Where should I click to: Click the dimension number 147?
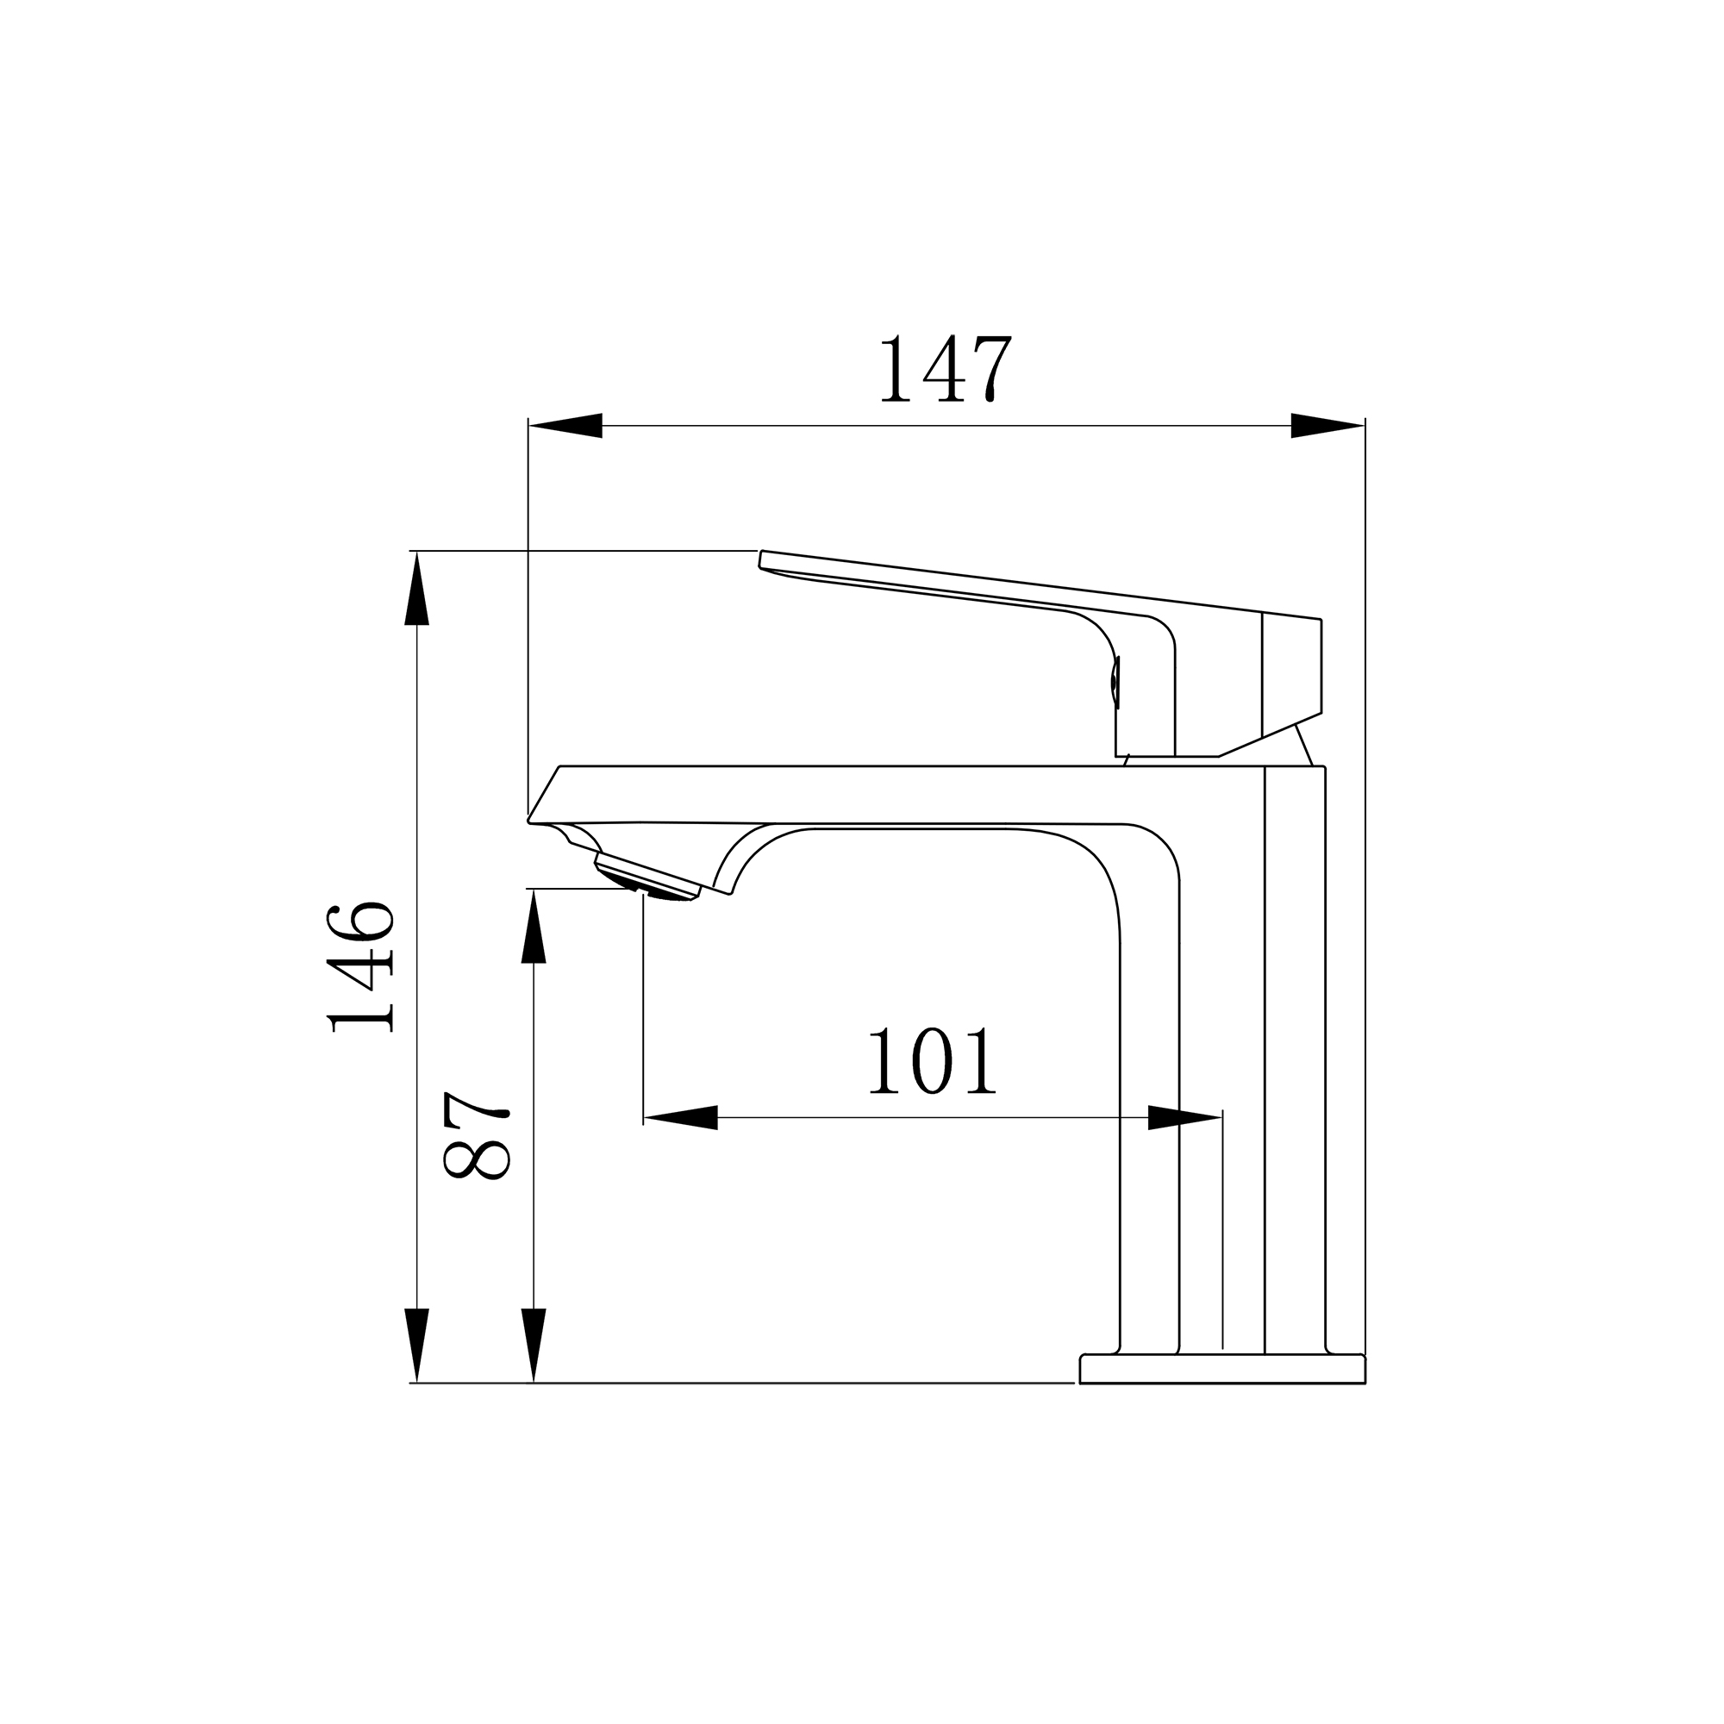point(945,369)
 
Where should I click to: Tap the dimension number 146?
point(360,967)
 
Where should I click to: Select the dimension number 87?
point(476,1135)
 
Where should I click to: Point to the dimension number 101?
point(931,1061)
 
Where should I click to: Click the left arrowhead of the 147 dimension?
point(565,426)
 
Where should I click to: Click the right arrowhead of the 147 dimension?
point(1327,426)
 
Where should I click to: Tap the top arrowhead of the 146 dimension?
point(416,588)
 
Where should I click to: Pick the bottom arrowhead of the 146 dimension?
point(416,1346)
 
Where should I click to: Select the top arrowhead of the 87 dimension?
point(534,925)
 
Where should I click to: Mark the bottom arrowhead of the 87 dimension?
point(534,1346)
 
